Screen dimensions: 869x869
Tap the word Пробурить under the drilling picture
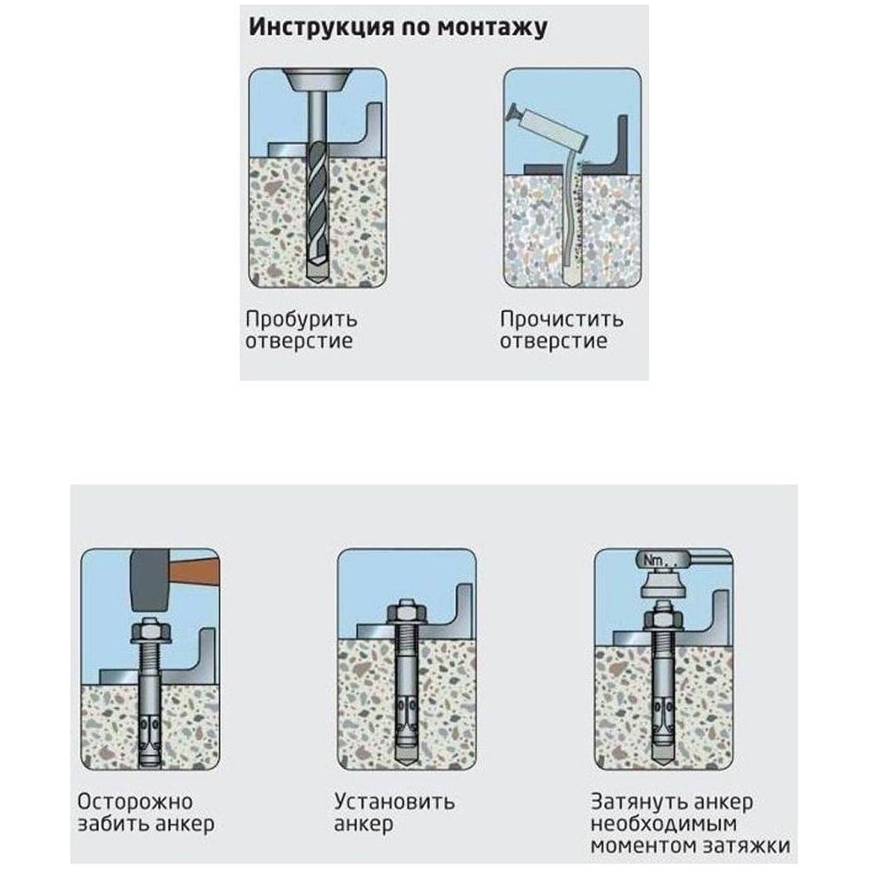(x=301, y=320)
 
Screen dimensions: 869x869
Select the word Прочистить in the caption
(x=561, y=320)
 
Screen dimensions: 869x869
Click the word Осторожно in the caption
(x=136, y=801)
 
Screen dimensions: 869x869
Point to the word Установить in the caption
(x=394, y=802)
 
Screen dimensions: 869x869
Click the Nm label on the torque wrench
(x=654, y=561)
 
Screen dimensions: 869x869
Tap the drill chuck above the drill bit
(x=317, y=79)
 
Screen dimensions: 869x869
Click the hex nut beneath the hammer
(x=149, y=631)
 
